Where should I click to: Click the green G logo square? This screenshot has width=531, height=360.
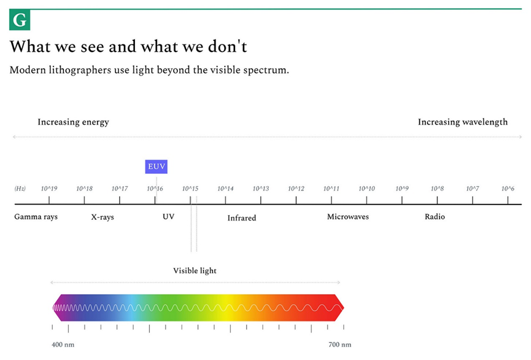click(20, 20)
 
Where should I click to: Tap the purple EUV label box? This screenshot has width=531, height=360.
click(156, 166)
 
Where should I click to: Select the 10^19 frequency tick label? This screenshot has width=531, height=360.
click(49, 189)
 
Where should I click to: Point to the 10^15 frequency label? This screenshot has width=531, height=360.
click(190, 189)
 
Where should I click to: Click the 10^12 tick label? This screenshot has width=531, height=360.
click(296, 189)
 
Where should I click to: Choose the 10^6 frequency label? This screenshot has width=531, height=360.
click(508, 189)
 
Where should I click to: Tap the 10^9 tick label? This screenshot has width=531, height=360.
click(402, 189)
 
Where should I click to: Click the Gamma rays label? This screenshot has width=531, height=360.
click(36, 217)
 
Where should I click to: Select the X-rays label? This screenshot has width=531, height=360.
click(103, 217)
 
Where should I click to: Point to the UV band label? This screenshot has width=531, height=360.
click(168, 217)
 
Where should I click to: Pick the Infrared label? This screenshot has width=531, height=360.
click(241, 218)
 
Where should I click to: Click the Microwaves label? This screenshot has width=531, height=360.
click(348, 217)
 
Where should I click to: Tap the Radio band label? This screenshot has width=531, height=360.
click(435, 217)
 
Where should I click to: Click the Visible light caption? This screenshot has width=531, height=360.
click(195, 270)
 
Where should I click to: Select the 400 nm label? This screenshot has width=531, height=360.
click(63, 345)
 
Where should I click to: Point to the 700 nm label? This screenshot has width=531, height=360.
click(339, 345)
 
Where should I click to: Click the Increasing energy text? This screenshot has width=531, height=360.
click(73, 122)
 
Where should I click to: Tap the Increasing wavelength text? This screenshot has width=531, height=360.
click(463, 122)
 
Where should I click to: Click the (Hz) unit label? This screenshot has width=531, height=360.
click(20, 189)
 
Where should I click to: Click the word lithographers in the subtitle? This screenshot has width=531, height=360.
click(80, 70)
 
